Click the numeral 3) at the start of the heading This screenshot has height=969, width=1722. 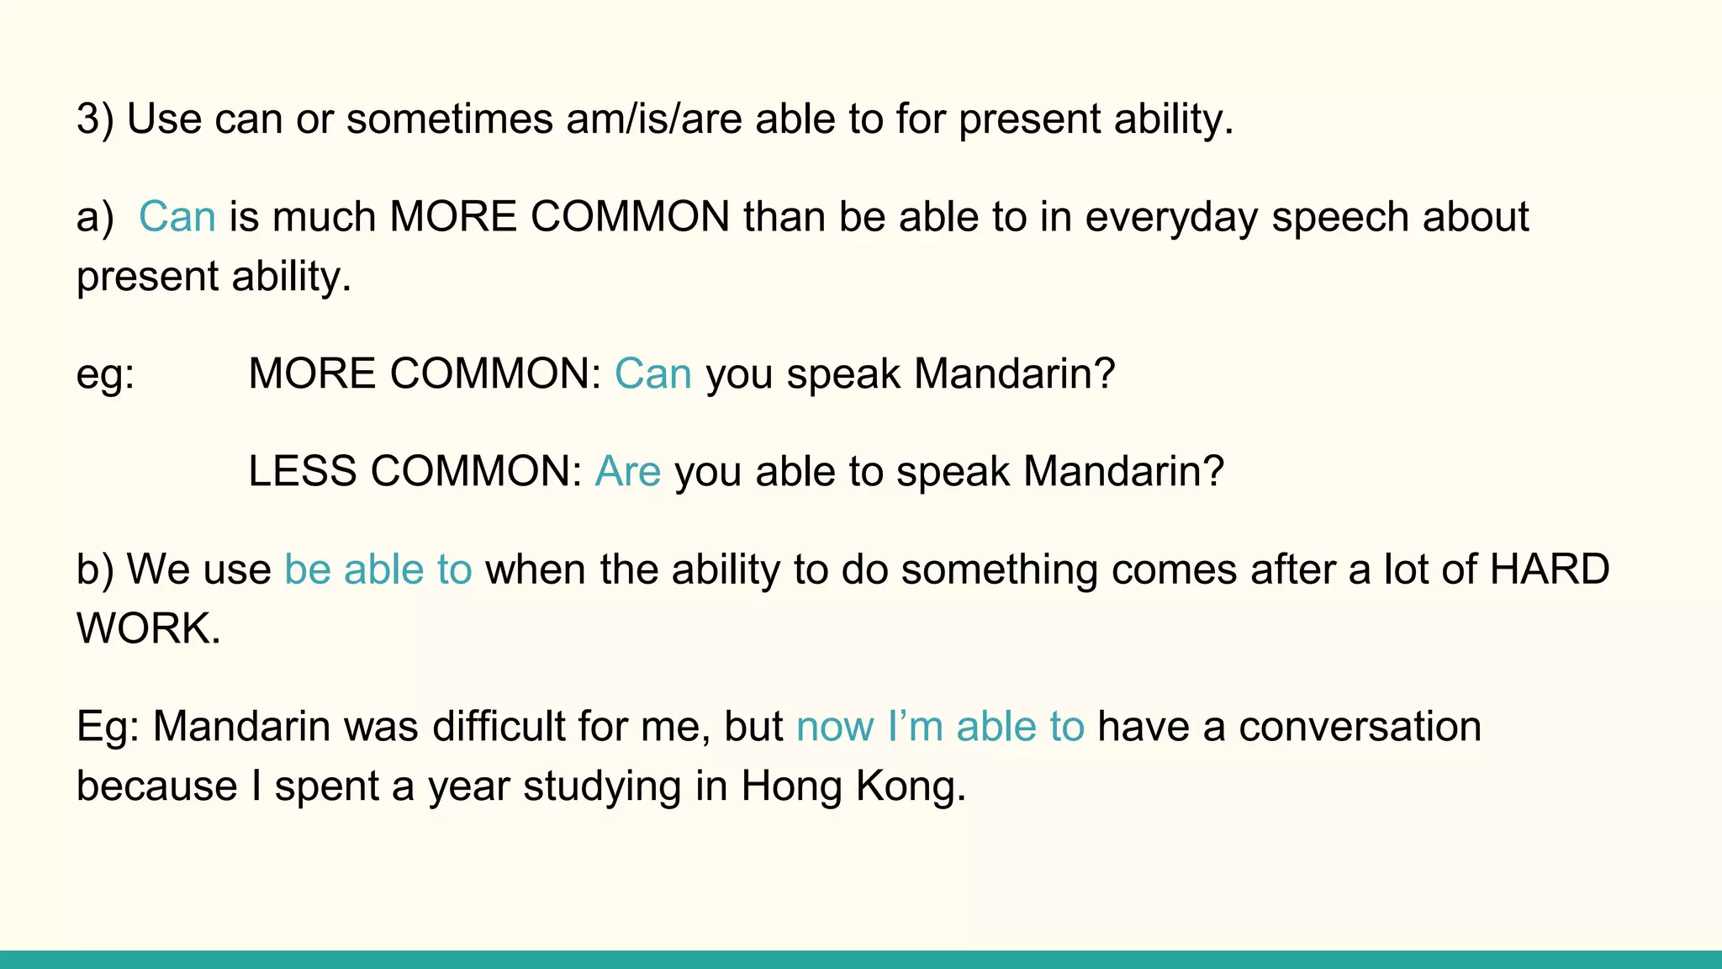pos(94,119)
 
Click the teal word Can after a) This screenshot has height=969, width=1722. pos(177,217)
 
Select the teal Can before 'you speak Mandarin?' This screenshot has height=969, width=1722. pos(652,373)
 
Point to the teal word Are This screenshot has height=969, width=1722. pos(627,471)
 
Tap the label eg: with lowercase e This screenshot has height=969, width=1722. pos(105,373)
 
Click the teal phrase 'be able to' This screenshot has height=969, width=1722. pos(378,569)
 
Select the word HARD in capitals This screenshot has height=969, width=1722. pos(1549,569)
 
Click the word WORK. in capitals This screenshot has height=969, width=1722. pos(148,628)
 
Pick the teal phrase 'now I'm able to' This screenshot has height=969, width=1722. pos(940,727)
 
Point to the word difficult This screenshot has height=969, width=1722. pos(498,727)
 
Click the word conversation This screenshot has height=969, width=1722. pos(1360,727)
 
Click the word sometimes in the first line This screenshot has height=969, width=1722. pos(450,119)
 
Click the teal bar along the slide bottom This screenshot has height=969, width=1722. pos(861,960)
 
